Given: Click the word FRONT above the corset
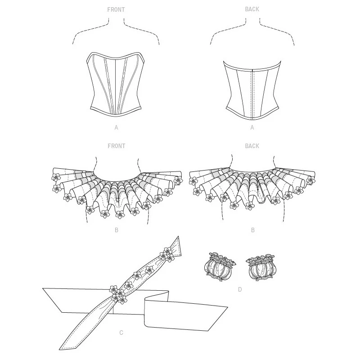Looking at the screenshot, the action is tap(116, 9).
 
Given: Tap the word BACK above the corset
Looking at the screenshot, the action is tap(252, 9).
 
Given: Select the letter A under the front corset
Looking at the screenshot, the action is tap(117, 127).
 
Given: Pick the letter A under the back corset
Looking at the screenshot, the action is tap(252, 127).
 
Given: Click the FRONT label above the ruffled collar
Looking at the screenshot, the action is tap(116, 146).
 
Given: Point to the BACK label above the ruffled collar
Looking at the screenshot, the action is tap(252, 146).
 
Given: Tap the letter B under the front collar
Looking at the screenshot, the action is tap(117, 230).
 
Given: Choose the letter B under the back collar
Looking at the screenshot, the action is tap(253, 230).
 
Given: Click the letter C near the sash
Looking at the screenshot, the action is tap(121, 333).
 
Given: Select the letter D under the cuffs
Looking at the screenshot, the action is tap(240, 289).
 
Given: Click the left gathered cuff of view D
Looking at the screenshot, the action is tap(220, 267).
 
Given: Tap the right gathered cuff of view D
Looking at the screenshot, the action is tap(261, 267).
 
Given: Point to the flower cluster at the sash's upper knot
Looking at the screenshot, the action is tap(167, 255).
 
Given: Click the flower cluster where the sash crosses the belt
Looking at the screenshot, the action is tap(118, 294).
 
